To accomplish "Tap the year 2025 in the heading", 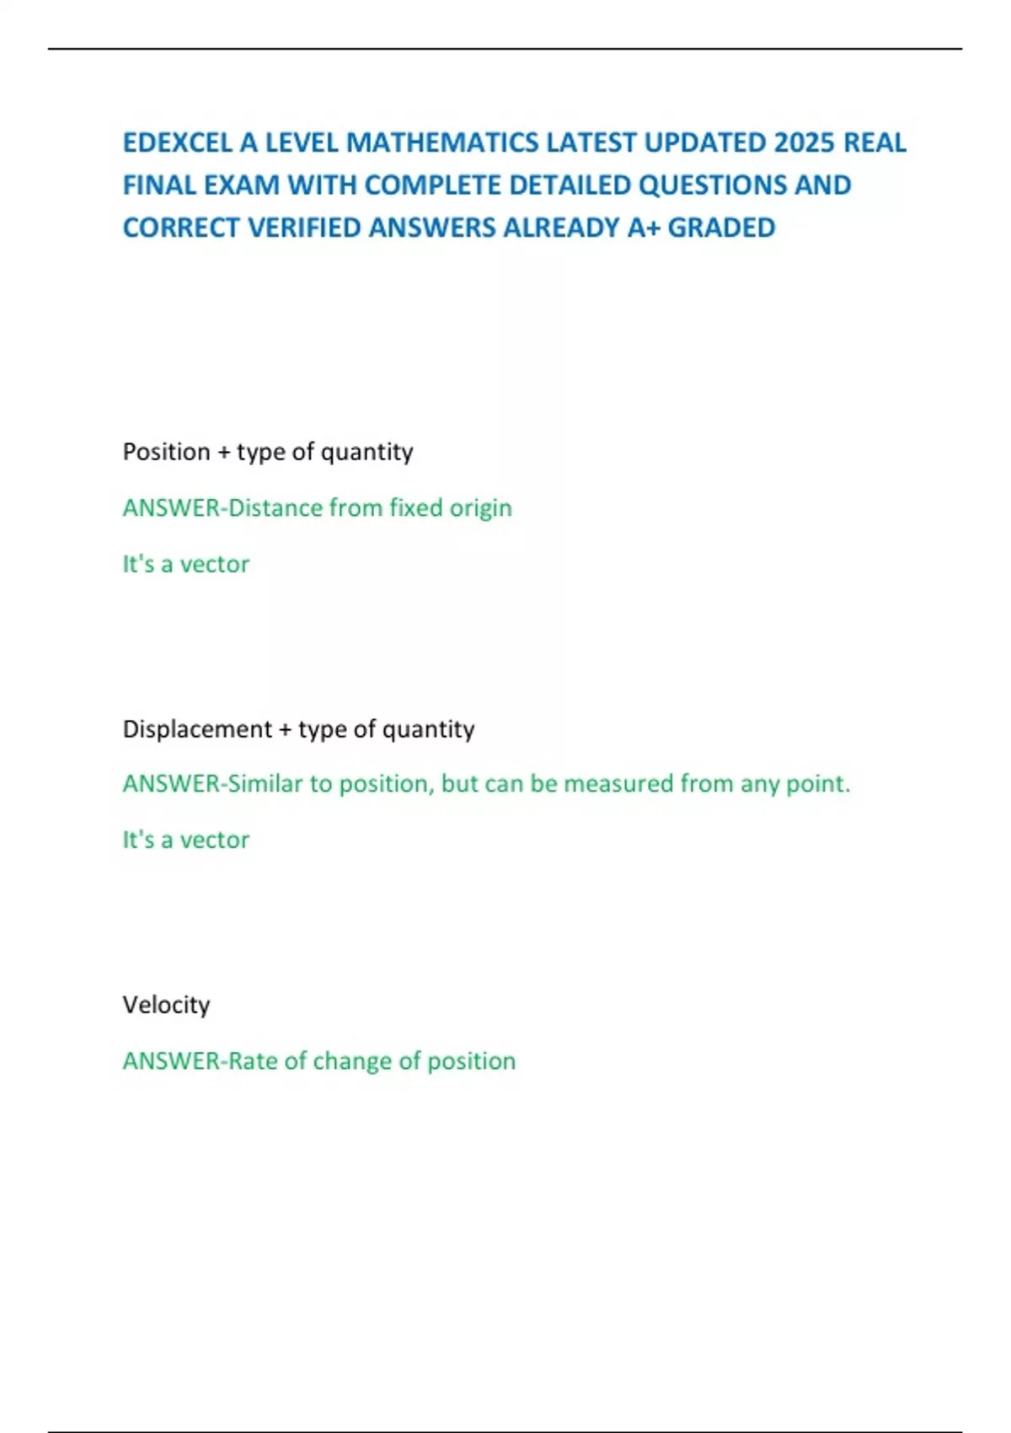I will tap(804, 142).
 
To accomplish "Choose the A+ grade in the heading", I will tap(644, 228).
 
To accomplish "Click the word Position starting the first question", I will tap(166, 452).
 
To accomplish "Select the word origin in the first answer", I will tap(480, 508).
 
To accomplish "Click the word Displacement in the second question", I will tap(197, 729).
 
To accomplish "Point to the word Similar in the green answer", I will tap(265, 784).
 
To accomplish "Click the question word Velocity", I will tap(166, 1005).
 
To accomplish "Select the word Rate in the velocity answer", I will tap(252, 1060).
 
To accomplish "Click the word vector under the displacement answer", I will tap(215, 840).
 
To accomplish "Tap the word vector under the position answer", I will tap(215, 564).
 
